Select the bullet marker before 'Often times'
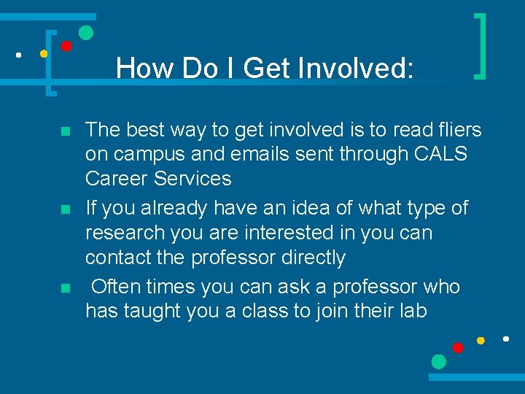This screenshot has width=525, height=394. [x=65, y=288]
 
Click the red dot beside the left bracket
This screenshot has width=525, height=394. [x=66, y=46]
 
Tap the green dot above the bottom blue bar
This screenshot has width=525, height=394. [x=438, y=361]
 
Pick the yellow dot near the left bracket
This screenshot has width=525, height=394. [x=44, y=53]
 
